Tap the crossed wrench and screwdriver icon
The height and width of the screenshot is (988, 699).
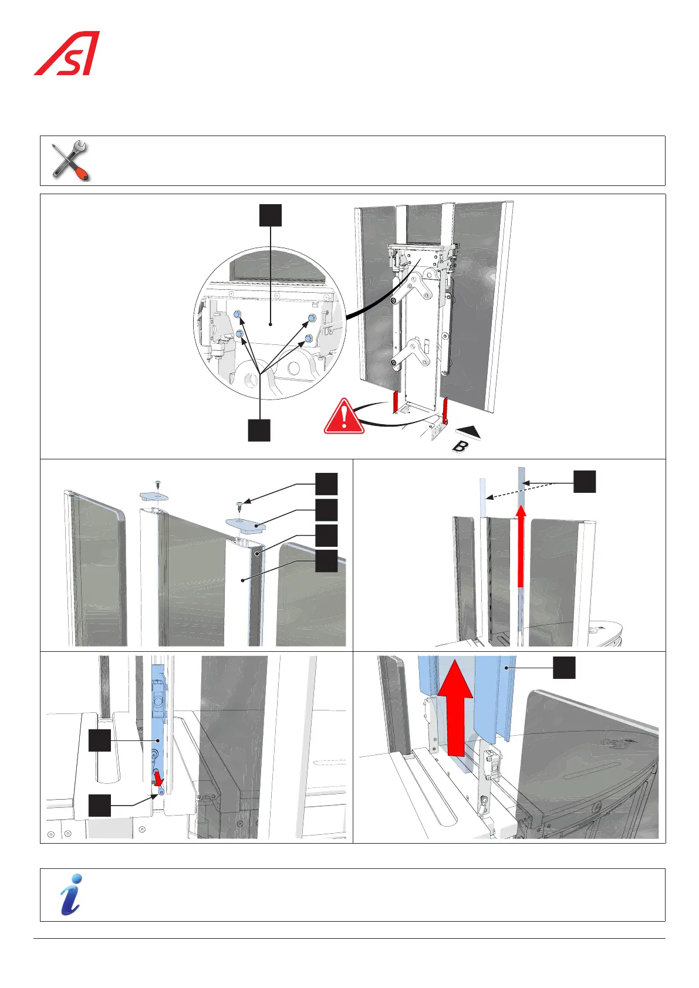[69, 160]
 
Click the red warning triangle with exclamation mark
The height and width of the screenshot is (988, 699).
[344, 417]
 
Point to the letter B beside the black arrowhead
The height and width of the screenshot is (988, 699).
[461, 446]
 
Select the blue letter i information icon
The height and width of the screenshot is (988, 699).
[70, 894]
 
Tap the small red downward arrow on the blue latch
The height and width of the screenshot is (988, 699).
[158, 779]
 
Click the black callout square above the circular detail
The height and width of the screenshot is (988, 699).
[271, 215]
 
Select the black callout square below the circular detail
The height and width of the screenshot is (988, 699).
[259, 429]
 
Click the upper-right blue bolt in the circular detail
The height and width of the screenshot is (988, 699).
[312, 318]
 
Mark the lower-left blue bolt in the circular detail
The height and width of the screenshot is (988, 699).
[239, 334]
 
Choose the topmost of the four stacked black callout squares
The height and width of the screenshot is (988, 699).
[326, 484]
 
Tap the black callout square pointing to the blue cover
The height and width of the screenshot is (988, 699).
[564, 668]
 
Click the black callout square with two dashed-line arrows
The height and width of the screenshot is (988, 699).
[585, 482]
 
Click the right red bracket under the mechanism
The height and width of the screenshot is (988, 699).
[446, 410]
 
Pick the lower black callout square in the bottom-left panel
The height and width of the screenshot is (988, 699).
[100, 805]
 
